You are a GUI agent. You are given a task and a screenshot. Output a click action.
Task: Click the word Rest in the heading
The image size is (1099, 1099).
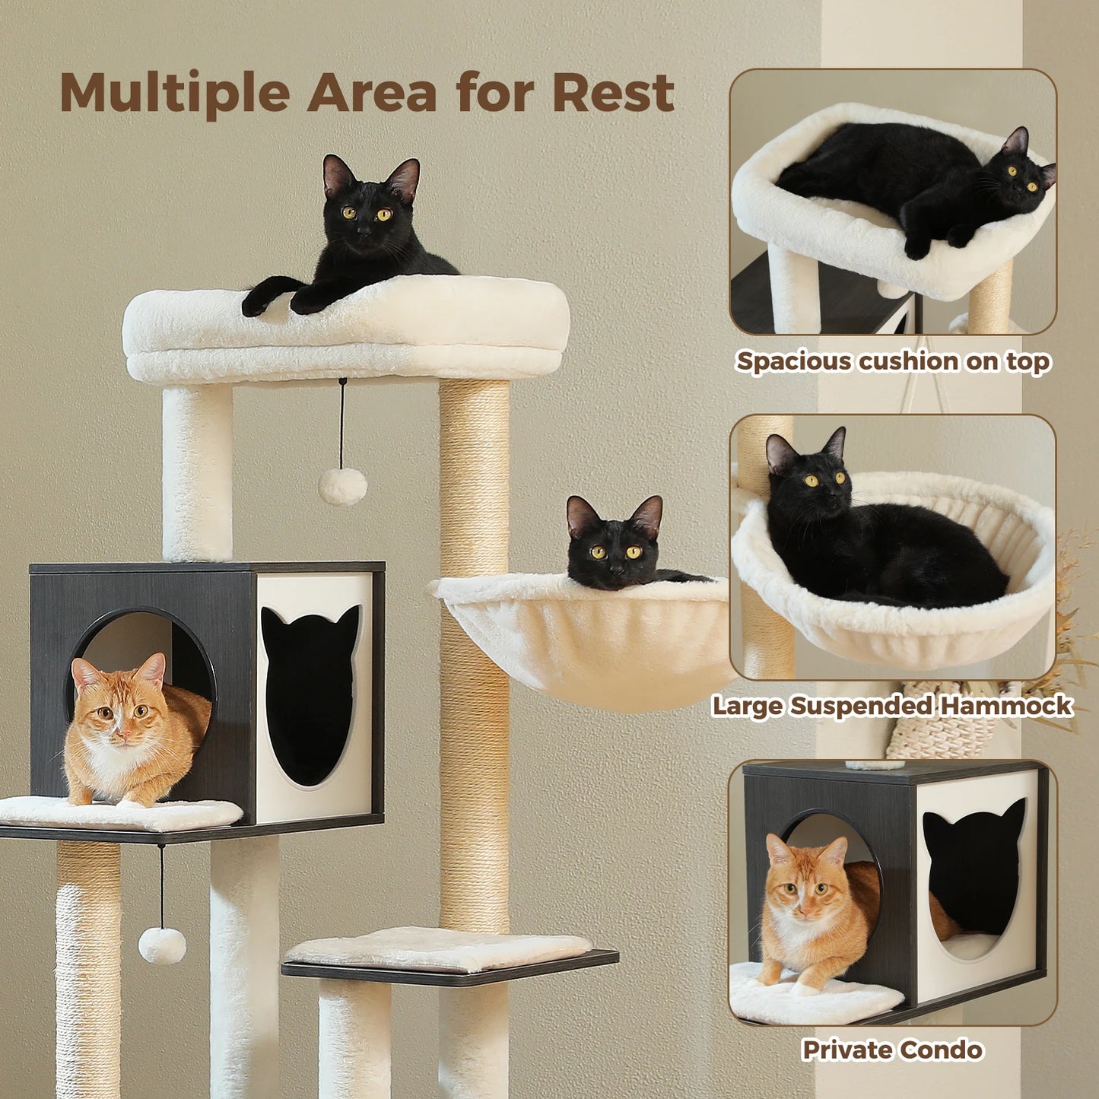pos(613,93)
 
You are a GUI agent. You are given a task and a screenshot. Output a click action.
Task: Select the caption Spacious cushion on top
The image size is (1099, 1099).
pos(893,361)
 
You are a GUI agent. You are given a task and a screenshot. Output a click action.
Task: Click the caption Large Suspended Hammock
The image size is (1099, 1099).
pos(892,706)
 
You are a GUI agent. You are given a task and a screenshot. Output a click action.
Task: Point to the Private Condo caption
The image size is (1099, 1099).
pos(892,1050)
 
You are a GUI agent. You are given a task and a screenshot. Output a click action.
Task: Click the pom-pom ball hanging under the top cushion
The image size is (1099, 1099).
pos(342,486)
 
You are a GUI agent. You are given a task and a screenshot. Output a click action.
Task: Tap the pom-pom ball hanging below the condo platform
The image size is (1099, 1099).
pos(162,945)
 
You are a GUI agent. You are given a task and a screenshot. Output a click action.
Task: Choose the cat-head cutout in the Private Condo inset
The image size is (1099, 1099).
pos(974,867)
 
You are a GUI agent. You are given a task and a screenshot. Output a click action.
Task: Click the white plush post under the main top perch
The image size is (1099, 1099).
pos(197,472)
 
